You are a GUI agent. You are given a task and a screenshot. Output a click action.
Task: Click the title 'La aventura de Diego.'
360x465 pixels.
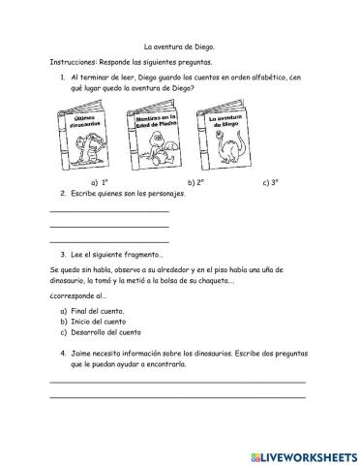point(180,46)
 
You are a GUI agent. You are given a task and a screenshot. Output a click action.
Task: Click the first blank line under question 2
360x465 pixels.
point(108,209)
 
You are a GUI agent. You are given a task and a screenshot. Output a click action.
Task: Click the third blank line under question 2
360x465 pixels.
point(108,240)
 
